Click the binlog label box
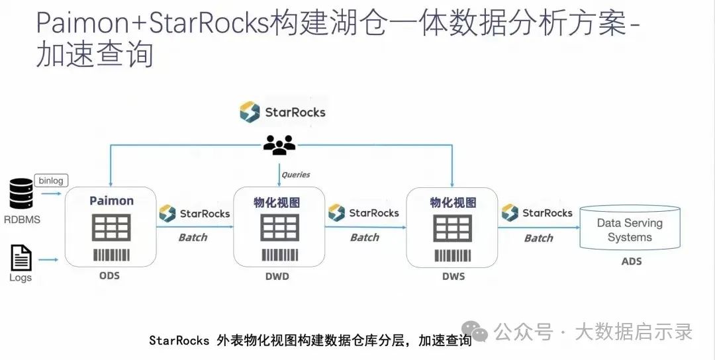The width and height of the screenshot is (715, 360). point(50,181)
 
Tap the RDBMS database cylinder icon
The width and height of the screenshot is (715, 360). point(21,194)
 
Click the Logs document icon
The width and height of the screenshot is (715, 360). point(21,258)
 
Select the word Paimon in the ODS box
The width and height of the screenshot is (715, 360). point(111,201)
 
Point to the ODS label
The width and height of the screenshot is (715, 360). point(109,276)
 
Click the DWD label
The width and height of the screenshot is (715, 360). point(277,276)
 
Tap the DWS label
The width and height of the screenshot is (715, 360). point(453,276)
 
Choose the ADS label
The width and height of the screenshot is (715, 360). point(632,261)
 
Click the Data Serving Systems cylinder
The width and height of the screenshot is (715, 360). point(630,228)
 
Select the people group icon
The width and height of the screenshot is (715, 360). point(279,145)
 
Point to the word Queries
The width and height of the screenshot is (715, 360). point(295,175)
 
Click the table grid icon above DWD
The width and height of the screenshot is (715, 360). point(279,228)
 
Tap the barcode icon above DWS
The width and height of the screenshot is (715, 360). point(453,255)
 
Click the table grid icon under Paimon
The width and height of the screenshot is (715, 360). point(111,228)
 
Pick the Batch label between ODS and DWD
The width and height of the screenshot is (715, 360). point(193,238)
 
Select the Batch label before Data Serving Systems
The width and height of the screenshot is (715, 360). point(538,238)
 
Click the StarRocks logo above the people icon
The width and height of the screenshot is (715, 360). point(282,112)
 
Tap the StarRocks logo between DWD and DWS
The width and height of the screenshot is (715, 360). point(363,213)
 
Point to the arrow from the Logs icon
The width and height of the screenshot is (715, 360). point(48,260)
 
